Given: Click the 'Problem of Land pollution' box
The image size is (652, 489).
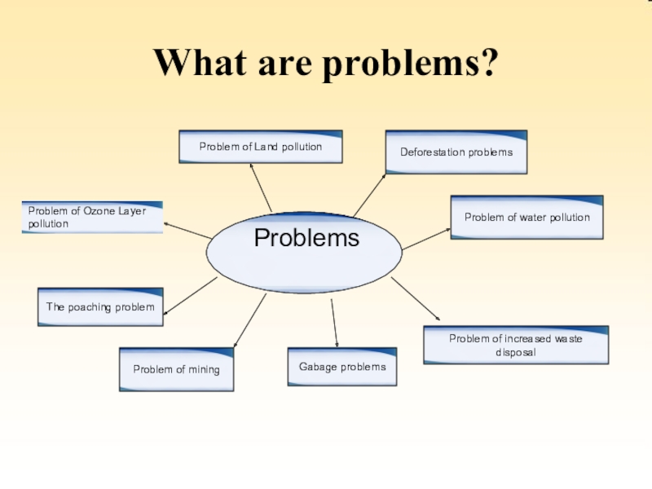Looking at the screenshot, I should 261,147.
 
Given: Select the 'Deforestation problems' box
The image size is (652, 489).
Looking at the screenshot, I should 456,152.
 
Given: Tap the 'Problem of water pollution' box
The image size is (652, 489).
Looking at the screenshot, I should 526,218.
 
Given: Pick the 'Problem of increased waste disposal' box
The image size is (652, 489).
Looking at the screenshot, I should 515,345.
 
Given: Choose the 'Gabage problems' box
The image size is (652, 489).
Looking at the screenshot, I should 342,367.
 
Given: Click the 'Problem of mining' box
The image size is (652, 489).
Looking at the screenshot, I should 176,369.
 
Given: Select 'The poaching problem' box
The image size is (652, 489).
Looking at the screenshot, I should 100,307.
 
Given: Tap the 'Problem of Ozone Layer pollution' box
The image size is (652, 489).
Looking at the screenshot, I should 92,217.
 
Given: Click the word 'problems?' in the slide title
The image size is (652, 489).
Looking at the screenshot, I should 408,64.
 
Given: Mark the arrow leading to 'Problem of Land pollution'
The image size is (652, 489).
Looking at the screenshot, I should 261,187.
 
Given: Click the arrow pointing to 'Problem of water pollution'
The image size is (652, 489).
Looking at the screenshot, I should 426,239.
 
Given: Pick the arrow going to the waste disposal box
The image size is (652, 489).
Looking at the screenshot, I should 416,299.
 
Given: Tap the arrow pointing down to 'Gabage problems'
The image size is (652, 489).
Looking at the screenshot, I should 334,323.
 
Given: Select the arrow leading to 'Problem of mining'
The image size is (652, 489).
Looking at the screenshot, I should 249,321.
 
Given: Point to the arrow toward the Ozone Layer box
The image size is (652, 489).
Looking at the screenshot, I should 187,230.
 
